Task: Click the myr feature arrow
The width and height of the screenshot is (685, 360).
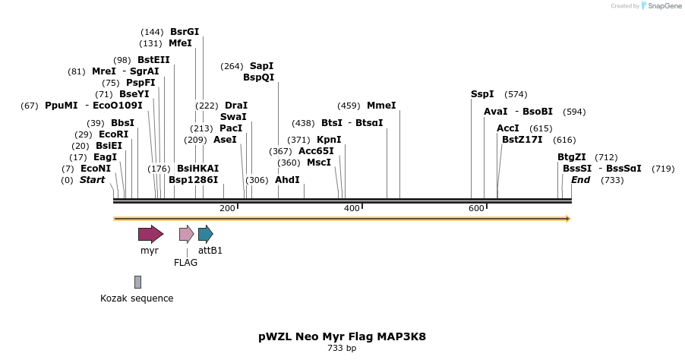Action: (x=150, y=234)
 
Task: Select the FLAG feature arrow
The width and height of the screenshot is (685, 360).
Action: (x=186, y=234)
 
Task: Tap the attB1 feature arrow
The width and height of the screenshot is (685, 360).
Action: (x=205, y=234)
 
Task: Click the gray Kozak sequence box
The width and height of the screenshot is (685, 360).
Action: (x=137, y=282)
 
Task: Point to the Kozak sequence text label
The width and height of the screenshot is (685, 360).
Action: (x=137, y=298)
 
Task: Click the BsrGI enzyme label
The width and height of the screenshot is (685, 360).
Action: (x=185, y=32)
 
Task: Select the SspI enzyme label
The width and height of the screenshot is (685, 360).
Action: (x=482, y=94)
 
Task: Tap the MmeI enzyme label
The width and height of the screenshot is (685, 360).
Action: (x=381, y=106)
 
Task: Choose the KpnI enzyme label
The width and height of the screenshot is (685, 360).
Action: (x=329, y=140)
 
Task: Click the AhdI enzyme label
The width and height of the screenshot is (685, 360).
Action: (x=287, y=180)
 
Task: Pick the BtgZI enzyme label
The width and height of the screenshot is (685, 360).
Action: (x=571, y=157)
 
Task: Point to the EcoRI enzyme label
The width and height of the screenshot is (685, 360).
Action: (x=113, y=134)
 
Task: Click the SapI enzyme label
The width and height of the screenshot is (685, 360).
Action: (x=261, y=66)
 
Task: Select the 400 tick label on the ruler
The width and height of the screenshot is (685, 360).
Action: (x=352, y=208)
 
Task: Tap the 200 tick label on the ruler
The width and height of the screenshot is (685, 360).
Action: (x=227, y=208)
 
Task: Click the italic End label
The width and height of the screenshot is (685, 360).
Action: (x=580, y=180)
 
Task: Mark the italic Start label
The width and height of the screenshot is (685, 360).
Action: (x=92, y=180)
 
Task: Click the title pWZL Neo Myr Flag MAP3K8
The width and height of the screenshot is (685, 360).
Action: (x=342, y=336)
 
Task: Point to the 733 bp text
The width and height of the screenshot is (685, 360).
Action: (x=342, y=349)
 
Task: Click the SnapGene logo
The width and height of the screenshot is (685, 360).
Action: (x=661, y=6)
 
